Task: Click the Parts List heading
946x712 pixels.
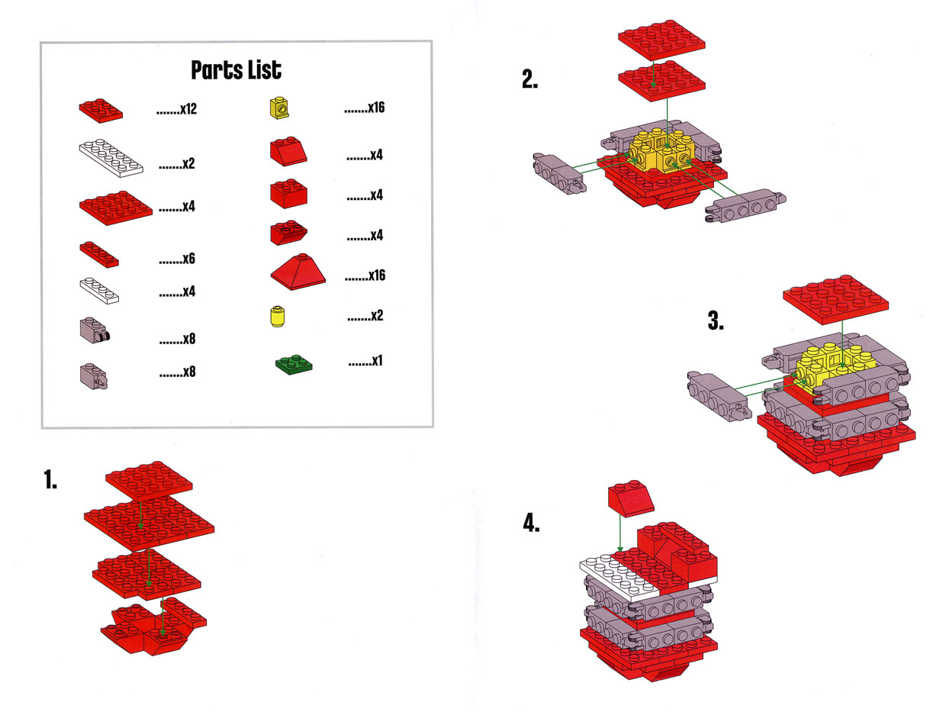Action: (236, 69)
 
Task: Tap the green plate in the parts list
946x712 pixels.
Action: (294, 365)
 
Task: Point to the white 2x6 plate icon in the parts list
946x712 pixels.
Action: (111, 158)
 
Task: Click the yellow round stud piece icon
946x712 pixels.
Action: (277, 317)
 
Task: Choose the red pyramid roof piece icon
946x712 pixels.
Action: (298, 272)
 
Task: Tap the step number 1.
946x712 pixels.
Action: (50, 479)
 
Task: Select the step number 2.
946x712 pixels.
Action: (529, 79)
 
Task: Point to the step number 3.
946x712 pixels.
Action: (716, 321)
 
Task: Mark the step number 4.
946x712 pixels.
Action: (531, 524)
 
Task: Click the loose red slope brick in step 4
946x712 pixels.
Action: (631, 498)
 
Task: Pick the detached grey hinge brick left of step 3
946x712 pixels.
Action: (719, 396)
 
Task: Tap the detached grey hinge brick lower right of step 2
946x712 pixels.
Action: (745, 206)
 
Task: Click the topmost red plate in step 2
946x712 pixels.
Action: (661, 40)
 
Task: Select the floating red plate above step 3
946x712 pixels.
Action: (835, 299)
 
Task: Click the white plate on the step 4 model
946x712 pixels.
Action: (619, 577)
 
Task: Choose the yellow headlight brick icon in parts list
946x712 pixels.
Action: (279, 108)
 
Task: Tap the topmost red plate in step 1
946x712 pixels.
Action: (149, 481)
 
